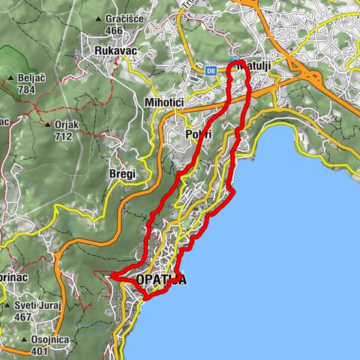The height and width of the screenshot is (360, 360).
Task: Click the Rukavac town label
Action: pos(114,50)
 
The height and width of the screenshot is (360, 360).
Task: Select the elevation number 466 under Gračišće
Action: pos(114,30)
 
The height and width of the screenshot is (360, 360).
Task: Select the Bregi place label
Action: pos(121,174)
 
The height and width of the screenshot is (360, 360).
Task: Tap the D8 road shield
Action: pos(211,70)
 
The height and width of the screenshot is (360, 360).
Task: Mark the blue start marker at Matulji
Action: pos(235,61)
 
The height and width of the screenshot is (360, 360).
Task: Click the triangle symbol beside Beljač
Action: pos(10,78)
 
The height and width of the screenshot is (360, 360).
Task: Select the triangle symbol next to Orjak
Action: pos(47,124)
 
